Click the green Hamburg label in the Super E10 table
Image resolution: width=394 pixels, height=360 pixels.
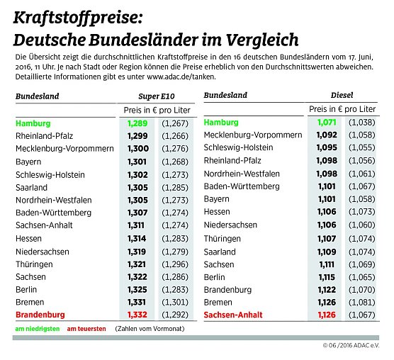34,123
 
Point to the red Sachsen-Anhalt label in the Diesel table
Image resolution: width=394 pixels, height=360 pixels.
233,314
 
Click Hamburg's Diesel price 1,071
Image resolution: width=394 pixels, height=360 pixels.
325,123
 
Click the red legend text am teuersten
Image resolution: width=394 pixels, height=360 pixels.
86,330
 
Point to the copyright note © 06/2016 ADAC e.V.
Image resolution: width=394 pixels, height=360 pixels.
351,345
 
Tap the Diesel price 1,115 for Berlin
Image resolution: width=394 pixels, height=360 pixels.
325,276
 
